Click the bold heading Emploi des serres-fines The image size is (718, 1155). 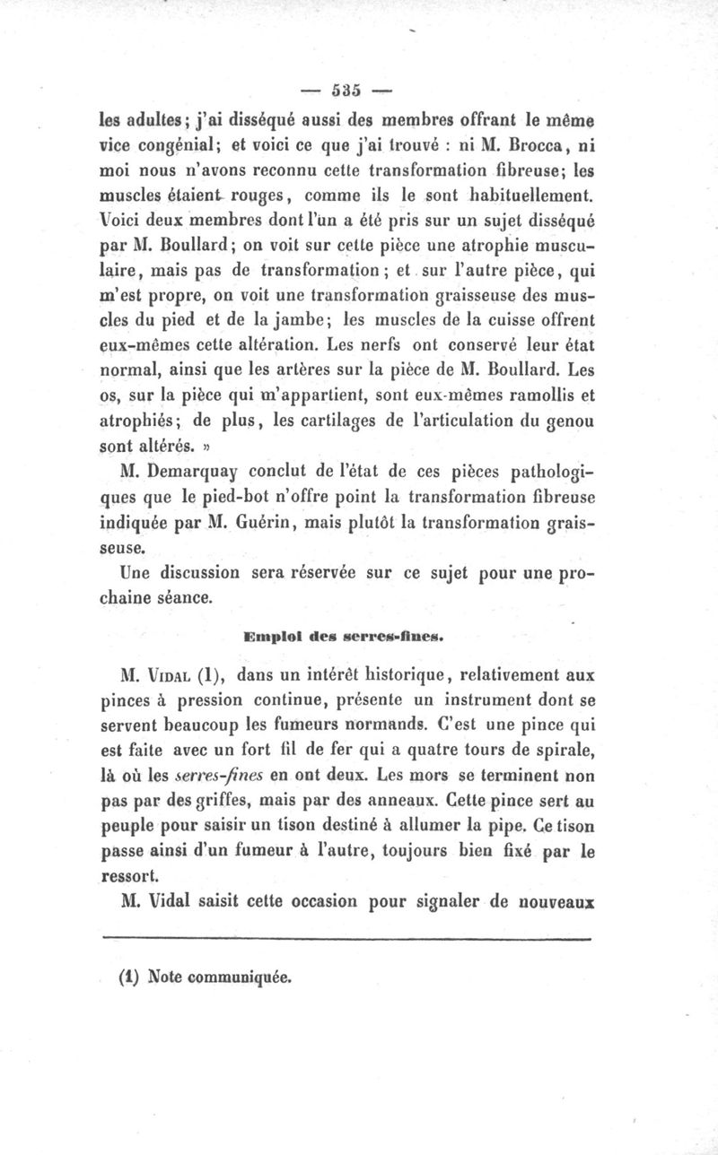pos(346,638)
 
